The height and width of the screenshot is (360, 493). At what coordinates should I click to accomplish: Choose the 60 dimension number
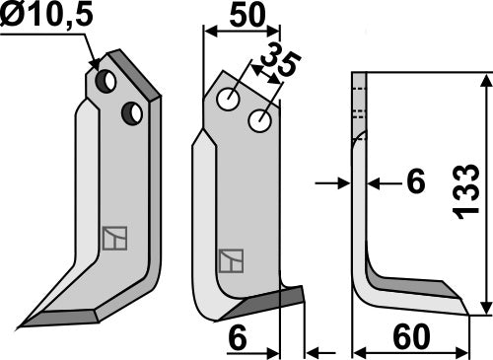411,338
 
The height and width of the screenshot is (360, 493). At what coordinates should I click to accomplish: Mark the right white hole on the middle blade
260,120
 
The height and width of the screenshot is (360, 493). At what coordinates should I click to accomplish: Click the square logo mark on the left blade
113,238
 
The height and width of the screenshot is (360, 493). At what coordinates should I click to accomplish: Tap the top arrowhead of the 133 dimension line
485,79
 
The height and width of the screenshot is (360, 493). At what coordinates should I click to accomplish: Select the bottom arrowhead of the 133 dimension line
485,308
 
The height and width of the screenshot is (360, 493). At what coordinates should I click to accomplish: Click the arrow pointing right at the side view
337,181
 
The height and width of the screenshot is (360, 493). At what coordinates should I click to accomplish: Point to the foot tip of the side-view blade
464,307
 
